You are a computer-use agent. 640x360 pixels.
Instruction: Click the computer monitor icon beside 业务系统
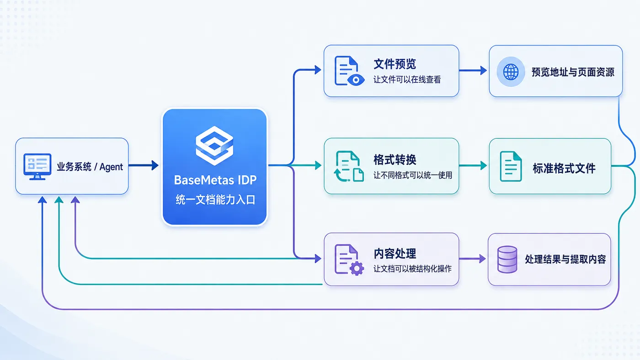click(x=37, y=167)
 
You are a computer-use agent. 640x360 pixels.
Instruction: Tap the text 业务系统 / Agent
click(x=90, y=167)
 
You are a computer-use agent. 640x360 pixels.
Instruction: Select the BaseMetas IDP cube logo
click(x=214, y=146)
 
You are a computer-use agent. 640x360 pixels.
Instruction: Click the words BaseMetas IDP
click(x=215, y=180)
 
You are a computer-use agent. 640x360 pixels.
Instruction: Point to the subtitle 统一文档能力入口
click(x=215, y=200)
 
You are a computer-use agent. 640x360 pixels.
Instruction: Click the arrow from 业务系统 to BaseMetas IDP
click(x=144, y=165)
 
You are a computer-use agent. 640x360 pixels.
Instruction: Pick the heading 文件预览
click(x=395, y=64)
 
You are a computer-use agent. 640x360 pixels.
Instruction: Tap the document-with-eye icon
click(x=349, y=71)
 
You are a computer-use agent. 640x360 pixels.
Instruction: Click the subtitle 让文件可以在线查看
click(x=407, y=79)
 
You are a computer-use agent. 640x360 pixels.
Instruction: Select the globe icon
click(x=511, y=72)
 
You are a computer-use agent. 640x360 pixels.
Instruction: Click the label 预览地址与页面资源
click(x=573, y=72)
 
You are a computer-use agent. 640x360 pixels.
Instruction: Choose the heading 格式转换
click(x=395, y=159)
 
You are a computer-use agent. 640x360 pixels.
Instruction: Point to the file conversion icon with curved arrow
click(x=349, y=166)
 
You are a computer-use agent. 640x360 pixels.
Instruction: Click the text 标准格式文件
click(x=564, y=168)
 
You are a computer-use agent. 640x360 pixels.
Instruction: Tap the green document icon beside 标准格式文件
click(x=511, y=166)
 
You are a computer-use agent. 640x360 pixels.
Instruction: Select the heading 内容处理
click(x=395, y=254)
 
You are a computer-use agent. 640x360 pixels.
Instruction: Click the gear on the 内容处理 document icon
click(x=357, y=268)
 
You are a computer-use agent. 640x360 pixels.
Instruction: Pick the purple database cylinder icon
click(x=507, y=259)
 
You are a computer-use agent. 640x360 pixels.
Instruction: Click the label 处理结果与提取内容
click(x=565, y=259)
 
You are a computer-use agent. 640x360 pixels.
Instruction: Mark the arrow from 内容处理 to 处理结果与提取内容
click(x=473, y=259)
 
